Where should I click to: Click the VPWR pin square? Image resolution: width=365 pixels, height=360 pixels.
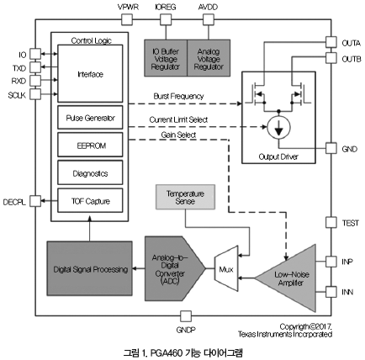127,19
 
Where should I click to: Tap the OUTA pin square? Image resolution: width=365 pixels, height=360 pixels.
331,42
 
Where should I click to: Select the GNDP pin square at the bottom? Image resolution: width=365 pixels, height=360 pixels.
186,316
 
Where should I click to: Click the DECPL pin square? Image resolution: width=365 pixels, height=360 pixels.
35,201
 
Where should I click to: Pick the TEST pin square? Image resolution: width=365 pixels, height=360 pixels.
331,222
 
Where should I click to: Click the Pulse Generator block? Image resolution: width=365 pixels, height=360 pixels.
90,118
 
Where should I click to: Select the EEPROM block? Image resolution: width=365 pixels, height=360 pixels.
90,145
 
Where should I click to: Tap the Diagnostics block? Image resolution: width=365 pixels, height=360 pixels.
90,172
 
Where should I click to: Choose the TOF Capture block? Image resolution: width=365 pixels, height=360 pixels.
90,200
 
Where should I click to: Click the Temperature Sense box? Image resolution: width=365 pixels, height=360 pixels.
185,197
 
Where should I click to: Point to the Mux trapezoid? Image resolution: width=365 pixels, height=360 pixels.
226,268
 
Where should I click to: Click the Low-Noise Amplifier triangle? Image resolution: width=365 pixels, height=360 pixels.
288,278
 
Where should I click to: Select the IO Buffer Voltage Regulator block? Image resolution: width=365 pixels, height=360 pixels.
166,58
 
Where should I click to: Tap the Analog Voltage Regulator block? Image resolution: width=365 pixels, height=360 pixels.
209,58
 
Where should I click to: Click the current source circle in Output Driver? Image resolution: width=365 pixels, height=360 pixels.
278,128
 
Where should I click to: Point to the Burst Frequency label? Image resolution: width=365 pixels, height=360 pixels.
178,96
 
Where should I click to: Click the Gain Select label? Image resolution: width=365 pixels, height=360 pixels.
178,135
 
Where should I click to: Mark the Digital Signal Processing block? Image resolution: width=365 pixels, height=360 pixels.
89,268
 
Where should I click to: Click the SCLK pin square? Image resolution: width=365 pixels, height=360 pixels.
35,94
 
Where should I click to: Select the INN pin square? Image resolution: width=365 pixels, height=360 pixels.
331,292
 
